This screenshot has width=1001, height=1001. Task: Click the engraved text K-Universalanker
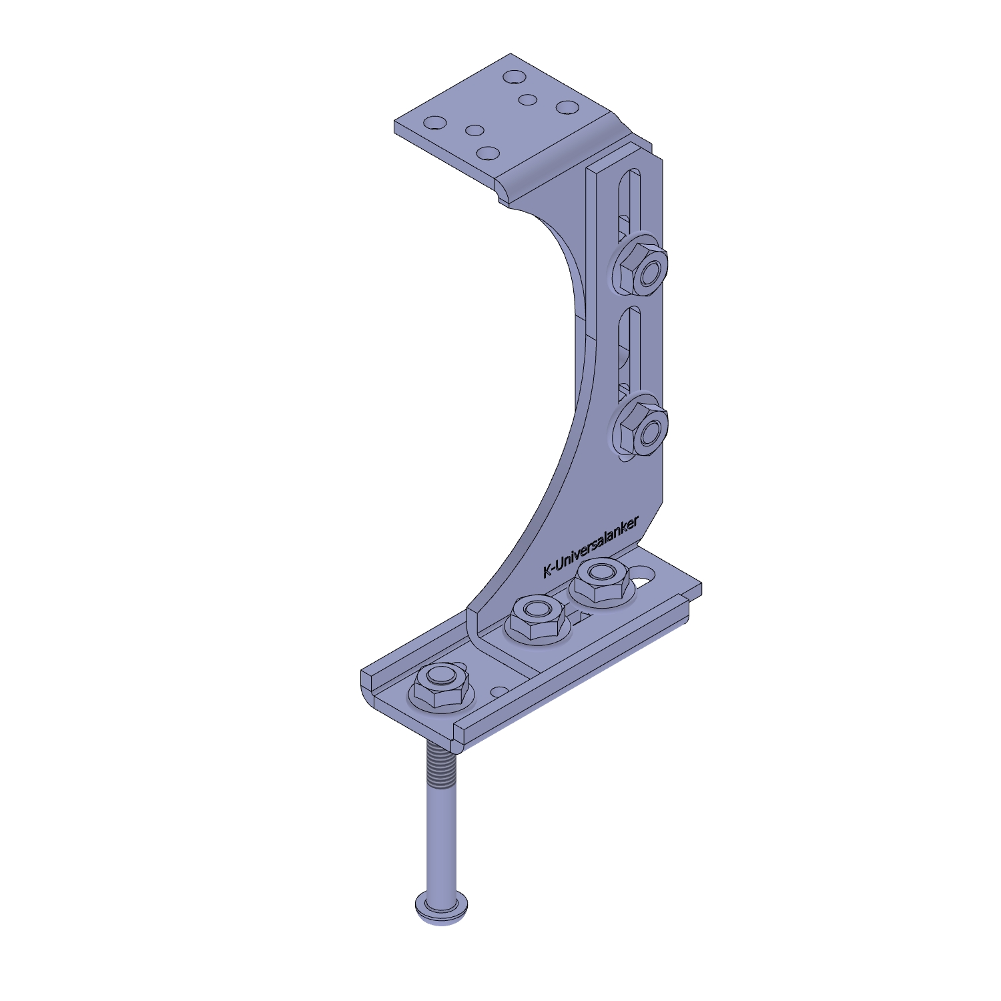591,547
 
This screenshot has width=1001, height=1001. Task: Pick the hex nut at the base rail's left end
440,685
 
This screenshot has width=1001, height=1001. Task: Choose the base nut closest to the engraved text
601,580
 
